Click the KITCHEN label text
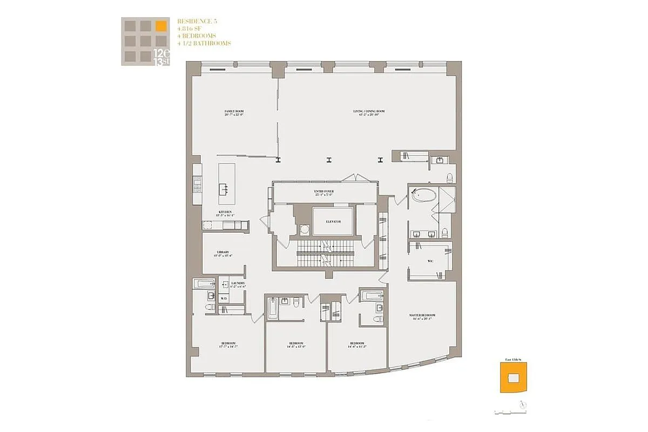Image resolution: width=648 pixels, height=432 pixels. tap(225, 213)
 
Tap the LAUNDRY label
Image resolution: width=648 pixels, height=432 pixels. tap(238, 284)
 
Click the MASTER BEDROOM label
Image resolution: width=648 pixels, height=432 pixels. tap(422, 316)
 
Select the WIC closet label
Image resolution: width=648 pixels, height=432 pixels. tap(430, 260)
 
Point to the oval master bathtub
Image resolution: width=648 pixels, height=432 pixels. tap(423, 195)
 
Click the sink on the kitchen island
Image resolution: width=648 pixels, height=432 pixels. tap(223, 189)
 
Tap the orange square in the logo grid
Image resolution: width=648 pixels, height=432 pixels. tap(160, 25)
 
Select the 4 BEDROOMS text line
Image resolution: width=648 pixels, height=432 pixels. tap(197, 36)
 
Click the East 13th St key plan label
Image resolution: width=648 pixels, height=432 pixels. tap(510, 359)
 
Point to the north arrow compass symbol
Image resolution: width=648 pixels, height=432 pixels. tap(521, 403)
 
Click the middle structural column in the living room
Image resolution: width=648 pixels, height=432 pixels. tap(329, 159)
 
